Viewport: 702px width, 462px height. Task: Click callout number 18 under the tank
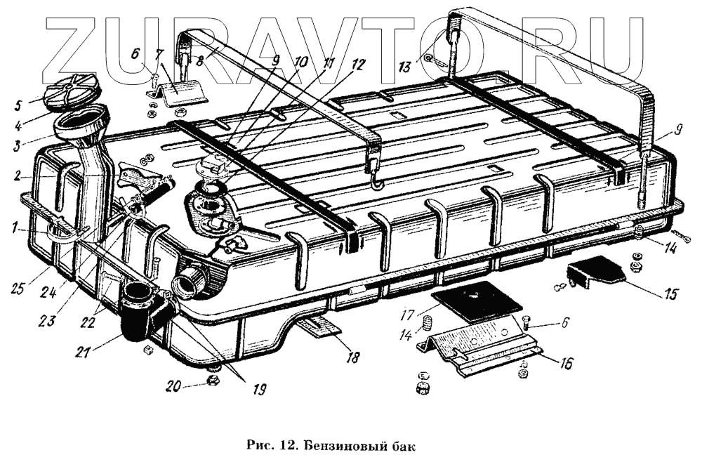[x=352, y=357]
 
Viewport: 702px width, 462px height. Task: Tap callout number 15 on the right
[x=672, y=293]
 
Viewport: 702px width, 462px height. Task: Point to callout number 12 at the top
[x=358, y=64]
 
